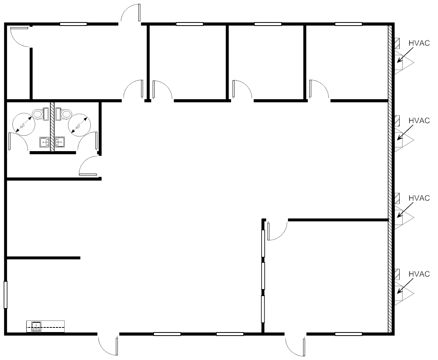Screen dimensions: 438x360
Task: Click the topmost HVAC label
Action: pyautogui.click(x=419, y=43)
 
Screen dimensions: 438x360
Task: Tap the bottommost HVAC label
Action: pyautogui.click(x=419, y=274)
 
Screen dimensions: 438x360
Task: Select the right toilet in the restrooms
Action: pyautogui.click(x=63, y=114)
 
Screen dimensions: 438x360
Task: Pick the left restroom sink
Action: pyautogui.click(x=45, y=142)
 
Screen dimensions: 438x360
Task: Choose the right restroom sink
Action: pyautogui.click(x=60, y=142)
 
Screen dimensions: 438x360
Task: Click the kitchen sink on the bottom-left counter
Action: pyautogui.click(x=36, y=326)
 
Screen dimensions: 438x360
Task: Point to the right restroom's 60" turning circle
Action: pyautogui.click(x=79, y=125)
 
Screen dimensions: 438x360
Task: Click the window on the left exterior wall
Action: pyautogui.click(x=5, y=295)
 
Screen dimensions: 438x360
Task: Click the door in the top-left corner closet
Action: pyautogui.click(x=19, y=36)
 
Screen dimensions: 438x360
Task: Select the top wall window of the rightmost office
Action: pyautogui.click(x=348, y=24)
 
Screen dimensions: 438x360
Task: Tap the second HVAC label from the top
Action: pyautogui.click(x=419, y=121)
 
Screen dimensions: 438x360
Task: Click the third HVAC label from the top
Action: pyautogui.click(x=419, y=198)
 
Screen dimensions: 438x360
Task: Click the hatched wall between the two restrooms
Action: pyautogui.click(x=52, y=127)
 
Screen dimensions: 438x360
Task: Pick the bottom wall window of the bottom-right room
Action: pyautogui.click(x=348, y=334)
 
